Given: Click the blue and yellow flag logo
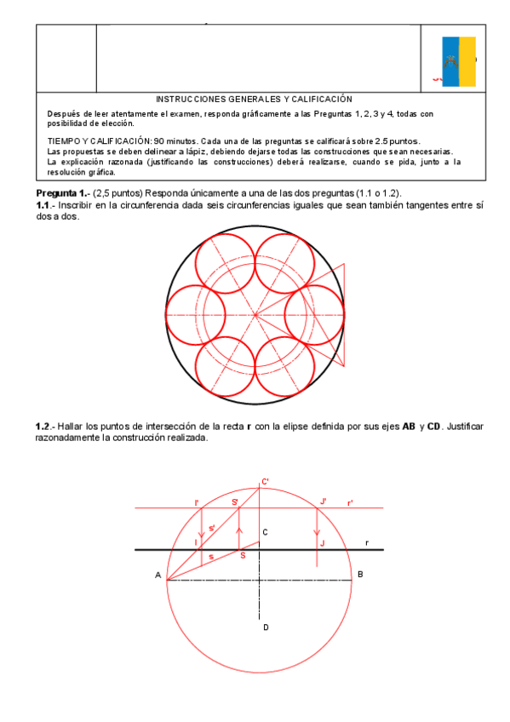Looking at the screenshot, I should [x=459, y=61].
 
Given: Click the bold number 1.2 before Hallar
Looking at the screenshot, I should [x=44, y=425].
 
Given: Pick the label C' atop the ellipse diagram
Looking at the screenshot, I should [x=266, y=482].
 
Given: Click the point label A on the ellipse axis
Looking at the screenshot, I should [x=158, y=576].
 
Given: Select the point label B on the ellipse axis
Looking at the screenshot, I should [x=361, y=575].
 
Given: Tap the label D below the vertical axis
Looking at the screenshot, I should [x=266, y=627].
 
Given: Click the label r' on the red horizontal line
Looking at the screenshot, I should [x=350, y=503].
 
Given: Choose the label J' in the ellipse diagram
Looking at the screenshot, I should [x=323, y=501].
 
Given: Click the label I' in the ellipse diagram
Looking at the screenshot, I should [x=197, y=502].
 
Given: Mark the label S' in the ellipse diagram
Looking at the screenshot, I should [x=235, y=501].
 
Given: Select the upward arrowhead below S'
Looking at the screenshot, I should [x=240, y=531].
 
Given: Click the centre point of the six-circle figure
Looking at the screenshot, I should [x=255, y=316].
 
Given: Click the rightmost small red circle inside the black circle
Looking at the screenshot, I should [x=314, y=316].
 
